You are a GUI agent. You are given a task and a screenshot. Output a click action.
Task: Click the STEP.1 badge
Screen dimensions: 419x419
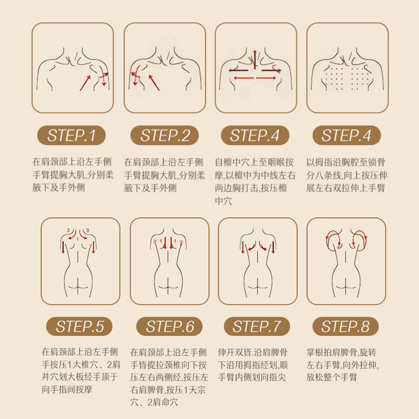pos(71,135)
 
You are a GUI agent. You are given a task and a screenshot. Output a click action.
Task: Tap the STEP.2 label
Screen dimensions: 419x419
pos(164,135)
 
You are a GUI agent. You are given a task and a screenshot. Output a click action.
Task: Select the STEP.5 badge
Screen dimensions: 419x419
pos(80,326)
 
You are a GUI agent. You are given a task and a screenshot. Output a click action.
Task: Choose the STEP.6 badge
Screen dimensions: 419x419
pos(169,326)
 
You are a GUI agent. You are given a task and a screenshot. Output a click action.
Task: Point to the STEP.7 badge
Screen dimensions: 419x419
pos(257,326)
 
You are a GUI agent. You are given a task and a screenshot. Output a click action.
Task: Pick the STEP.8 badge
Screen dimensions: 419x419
pos(346,326)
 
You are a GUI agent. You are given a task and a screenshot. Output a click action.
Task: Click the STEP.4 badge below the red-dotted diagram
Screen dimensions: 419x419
pos(347,135)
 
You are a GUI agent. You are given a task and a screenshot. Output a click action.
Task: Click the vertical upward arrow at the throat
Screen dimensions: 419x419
pos(255,59)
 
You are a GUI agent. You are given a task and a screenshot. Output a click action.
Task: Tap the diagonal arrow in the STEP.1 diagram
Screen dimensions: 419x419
pos(85,83)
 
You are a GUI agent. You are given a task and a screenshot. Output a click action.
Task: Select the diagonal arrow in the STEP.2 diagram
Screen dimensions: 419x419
pos(154,83)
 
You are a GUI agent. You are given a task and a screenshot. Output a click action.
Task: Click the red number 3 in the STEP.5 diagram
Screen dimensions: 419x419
pos(87,230)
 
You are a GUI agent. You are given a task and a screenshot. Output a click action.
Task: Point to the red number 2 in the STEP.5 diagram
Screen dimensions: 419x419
pos(69,230)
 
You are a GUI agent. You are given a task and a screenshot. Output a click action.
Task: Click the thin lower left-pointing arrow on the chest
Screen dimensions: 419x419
pos(244,78)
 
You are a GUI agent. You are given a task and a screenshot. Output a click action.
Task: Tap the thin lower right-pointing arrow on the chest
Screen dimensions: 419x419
pos(266,78)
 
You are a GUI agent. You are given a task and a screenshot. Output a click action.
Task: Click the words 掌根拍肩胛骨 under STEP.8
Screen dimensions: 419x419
pos(332,352)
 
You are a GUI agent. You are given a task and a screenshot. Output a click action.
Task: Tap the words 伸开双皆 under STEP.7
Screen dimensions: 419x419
pos(235,352)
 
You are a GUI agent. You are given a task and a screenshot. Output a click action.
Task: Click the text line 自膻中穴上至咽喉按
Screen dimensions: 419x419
pos(254,162)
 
